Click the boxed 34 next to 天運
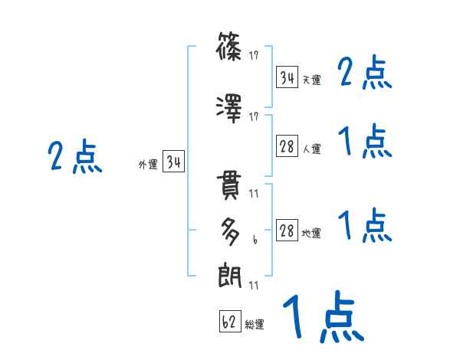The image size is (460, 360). coord(287,77)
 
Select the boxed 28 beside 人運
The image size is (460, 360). coord(287,147)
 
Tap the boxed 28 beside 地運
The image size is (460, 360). coord(287,231)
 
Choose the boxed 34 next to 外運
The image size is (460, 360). coord(173,162)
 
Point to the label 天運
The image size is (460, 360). coord(311,80)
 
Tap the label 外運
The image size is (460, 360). coord(148,164)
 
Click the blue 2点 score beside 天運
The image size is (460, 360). coord(366,74)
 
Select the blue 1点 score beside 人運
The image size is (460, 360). coord(366,142)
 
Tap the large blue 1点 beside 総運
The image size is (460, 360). coord(322,316)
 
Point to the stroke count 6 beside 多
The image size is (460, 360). coord(254,240)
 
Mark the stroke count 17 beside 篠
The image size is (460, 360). coord(254,56)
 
